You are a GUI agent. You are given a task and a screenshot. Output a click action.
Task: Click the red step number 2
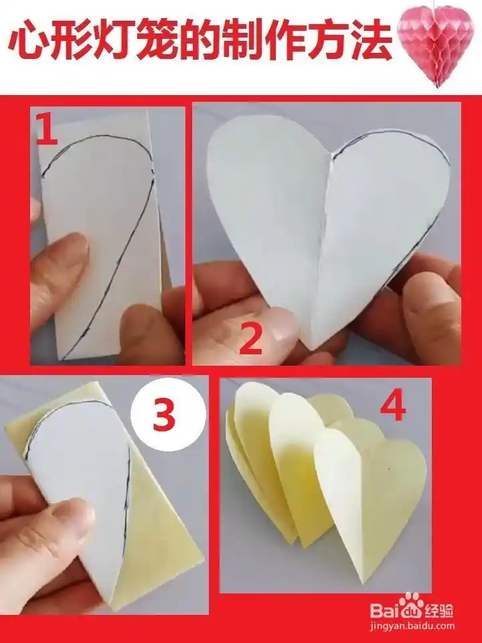250,338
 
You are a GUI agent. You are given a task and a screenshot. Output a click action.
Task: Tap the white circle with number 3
168,413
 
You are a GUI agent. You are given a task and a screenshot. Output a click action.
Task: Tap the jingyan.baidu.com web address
412,626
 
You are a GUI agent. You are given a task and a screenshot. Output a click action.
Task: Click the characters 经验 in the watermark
439,610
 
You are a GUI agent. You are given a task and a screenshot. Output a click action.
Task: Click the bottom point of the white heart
313,350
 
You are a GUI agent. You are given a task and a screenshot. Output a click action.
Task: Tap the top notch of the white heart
331,155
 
